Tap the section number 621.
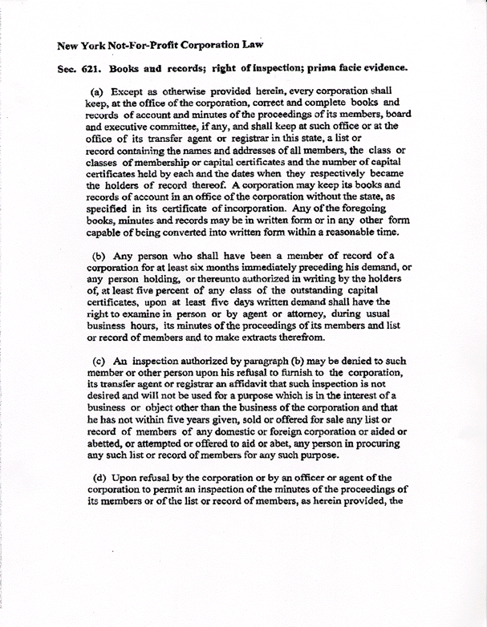tap(90, 70)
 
